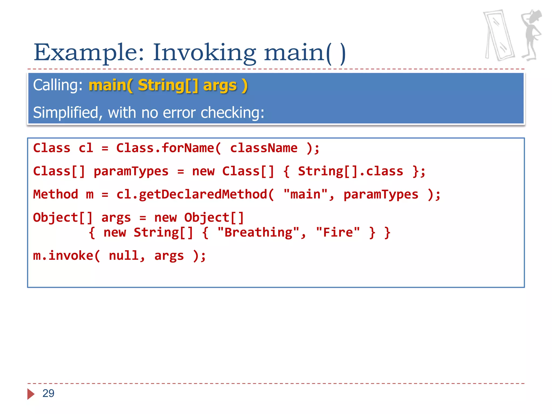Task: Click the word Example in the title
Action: coord(89,53)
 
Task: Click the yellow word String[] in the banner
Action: coord(168,85)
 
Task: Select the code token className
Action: coord(264,148)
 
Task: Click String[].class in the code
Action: coord(350,171)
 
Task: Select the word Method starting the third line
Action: coord(56,195)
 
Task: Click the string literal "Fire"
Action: coord(338,232)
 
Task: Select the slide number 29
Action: coord(49,393)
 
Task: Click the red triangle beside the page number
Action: coord(31,394)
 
